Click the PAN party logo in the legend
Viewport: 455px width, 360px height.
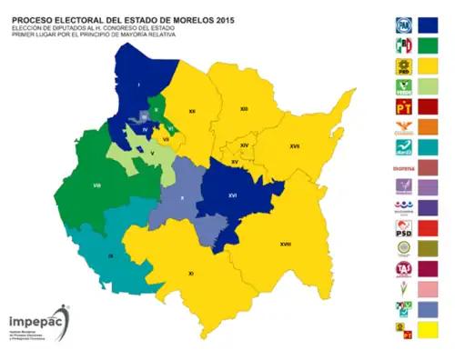(402, 26)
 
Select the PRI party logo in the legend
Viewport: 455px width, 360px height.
(402, 46)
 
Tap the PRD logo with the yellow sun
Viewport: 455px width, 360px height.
(402, 66)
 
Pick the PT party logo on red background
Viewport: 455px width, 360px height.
(402, 106)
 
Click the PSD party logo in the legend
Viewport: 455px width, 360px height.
(402, 227)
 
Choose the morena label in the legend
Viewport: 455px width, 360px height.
(402, 167)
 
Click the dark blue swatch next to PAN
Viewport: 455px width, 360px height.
(428, 26)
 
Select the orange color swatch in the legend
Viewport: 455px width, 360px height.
(428, 127)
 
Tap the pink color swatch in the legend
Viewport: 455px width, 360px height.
(428, 288)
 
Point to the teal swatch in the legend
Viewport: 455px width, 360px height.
(428, 147)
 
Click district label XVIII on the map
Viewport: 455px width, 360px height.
(285, 245)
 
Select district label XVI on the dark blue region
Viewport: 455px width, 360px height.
(233, 195)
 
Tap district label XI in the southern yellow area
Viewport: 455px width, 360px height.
(190, 273)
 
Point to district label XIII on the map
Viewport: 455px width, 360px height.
(244, 109)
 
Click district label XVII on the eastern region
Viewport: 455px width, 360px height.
(295, 145)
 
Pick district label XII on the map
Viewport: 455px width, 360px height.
(192, 111)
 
